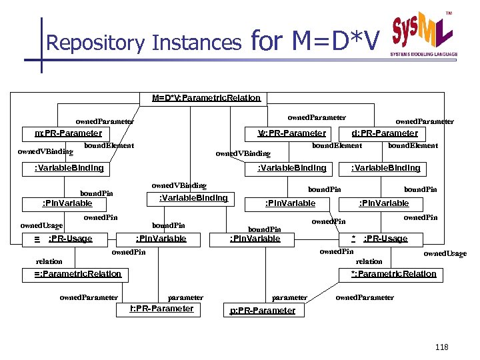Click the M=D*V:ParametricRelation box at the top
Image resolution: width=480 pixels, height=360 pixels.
pyautogui.click(x=206, y=98)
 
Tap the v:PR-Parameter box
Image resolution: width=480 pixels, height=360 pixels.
pyautogui.click(x=292, y=133)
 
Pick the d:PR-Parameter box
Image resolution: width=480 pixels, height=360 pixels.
pyautogui.click(x=389, y=133)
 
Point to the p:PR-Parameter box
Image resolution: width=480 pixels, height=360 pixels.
pyautogui.click(x=262, y=311)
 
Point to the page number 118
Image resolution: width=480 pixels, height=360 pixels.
pyautogui.click(x=441, y=347)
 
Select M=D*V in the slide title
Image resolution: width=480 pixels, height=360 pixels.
pyautogui.click(x=336, y=41)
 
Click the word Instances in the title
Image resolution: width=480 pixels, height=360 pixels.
pyautogui.click(x=197, y=43)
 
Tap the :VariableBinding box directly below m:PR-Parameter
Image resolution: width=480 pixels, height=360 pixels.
pyautogui.click(x=69, y=168)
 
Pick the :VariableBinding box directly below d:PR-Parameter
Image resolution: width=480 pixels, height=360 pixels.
pyautogui.click(x=385, y=168)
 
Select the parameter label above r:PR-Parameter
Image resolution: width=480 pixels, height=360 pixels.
pyautogui.click(x=185, y=297)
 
